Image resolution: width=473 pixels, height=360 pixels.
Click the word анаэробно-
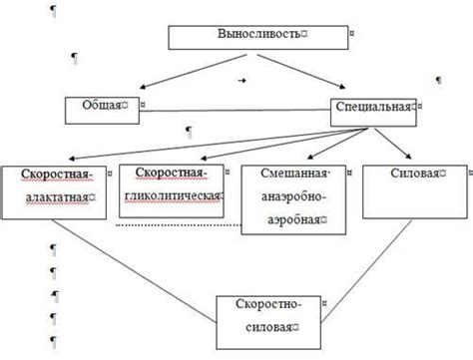[x=288, y=196]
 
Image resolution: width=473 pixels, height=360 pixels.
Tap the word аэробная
[x=287, y=218]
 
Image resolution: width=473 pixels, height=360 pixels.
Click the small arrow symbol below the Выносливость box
[x=241, y=77]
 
